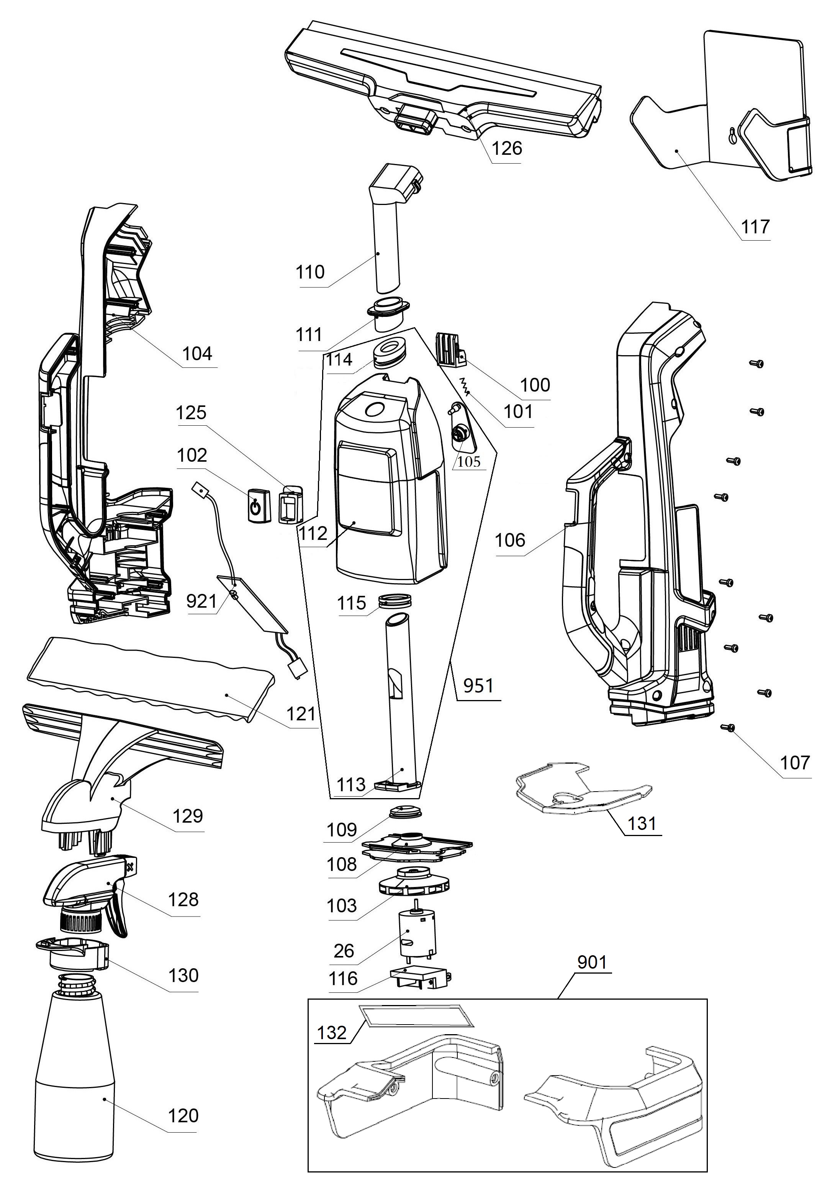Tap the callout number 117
pos(755,227)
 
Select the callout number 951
pos(478,685)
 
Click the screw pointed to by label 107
pos(729,728)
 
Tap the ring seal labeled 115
pos(395,600)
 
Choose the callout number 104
pos(198,354)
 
